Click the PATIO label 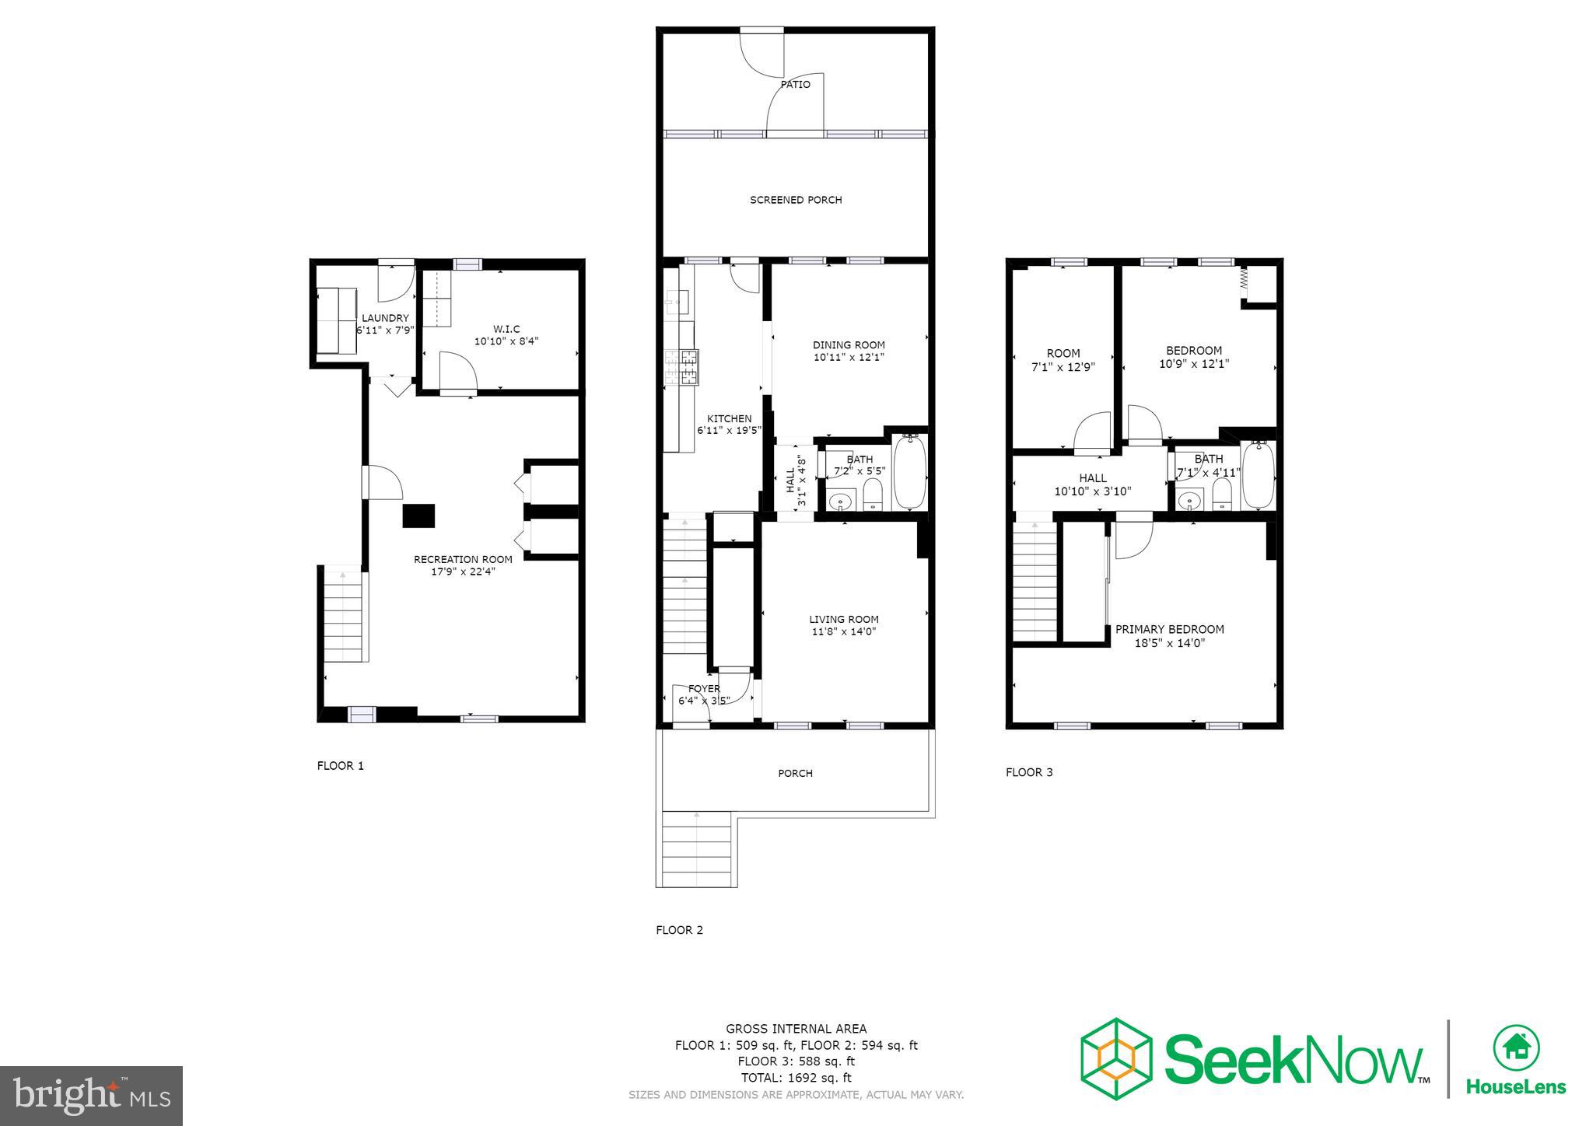[795, 84]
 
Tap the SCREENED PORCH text [796, 200]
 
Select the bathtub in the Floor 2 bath [909, 472]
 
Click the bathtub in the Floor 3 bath [1258, 474]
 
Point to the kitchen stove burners [689, 367]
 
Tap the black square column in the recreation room [418, 516]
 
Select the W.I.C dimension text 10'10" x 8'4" [506, 341]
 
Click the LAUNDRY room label [385, 318]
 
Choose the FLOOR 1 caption [340, 765]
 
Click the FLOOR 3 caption [1028, 772]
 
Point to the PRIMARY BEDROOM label [1169, 629]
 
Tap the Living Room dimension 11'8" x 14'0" [843, 631]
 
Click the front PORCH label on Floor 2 [795, 773]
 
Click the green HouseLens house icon [1515, 1048]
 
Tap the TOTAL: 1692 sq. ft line [796, 1078]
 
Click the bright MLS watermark [92, 1096]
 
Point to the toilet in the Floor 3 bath [1223, 495]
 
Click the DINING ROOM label [849, 344]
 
